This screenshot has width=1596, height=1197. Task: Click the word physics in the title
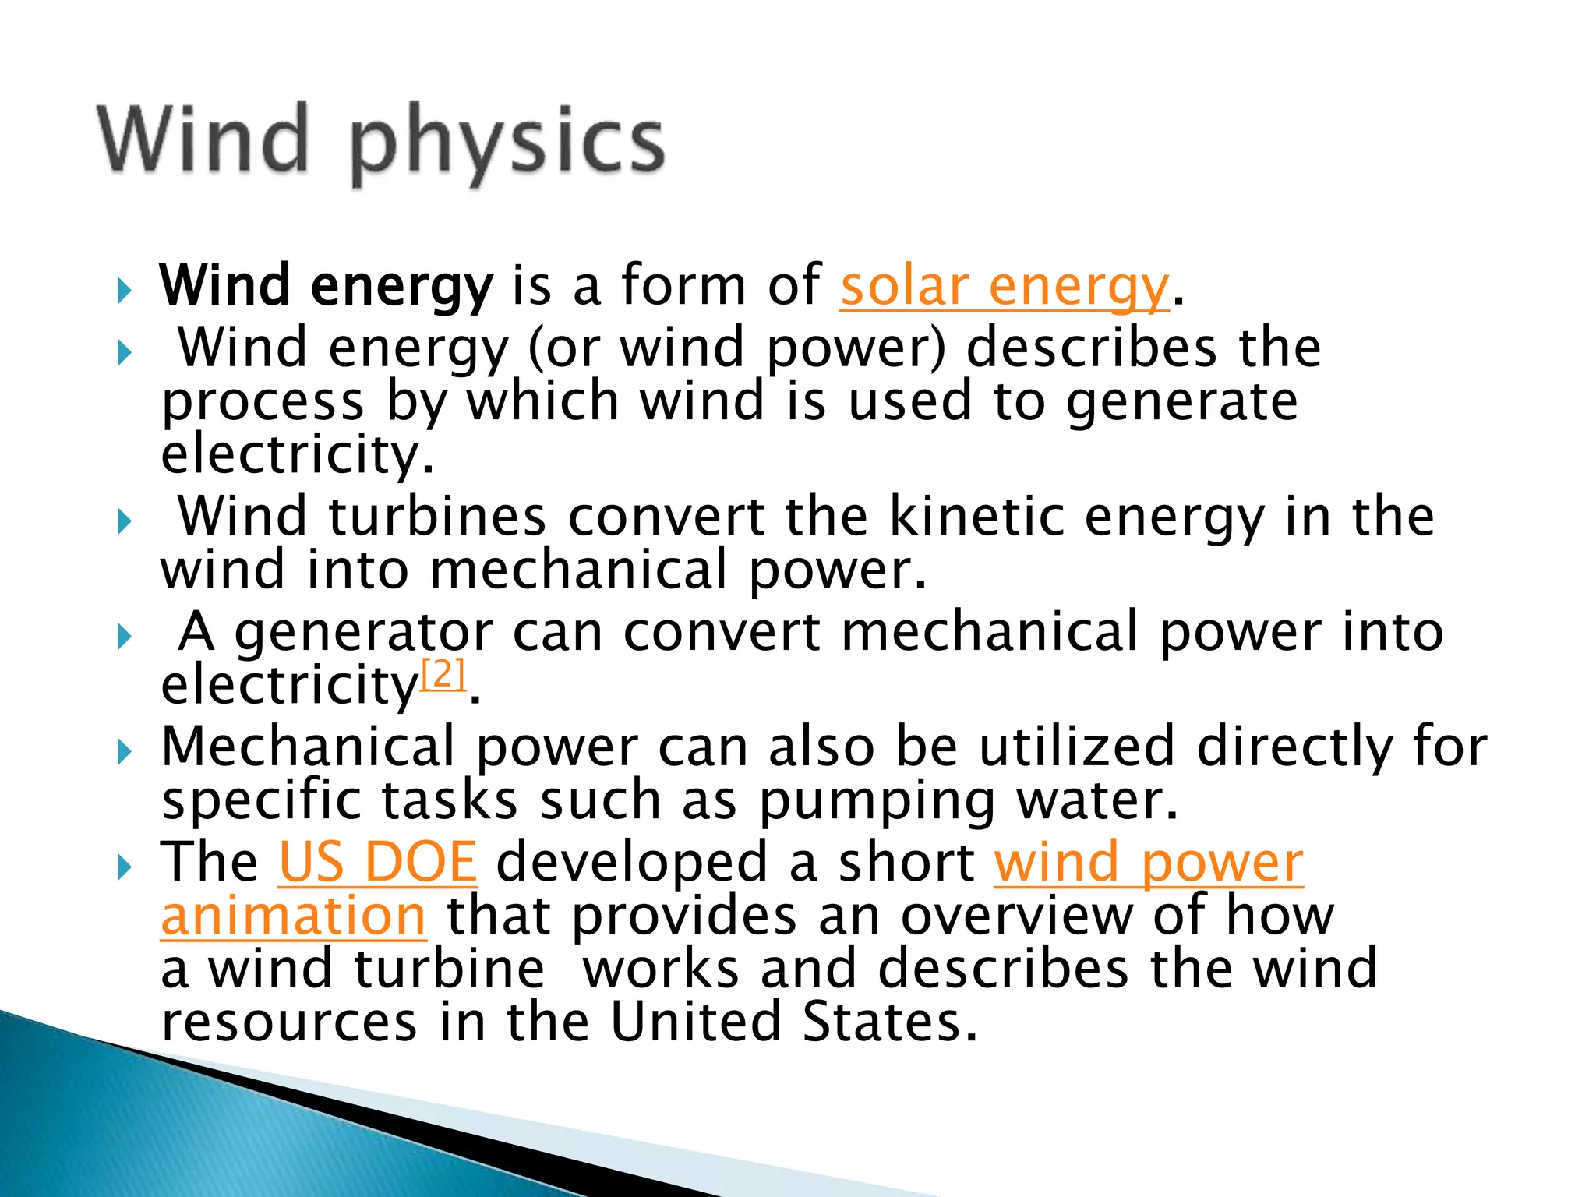pyautogui.click(x=507, y=144)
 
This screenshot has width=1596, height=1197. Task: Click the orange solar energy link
pyautogui.click(x=1004, y=288)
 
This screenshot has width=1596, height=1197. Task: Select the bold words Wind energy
pyautogui.click(x=326, y=288)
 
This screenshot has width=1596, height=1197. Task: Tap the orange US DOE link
pyautogui.click(x=377, y=863)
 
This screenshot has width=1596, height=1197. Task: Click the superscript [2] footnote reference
pyautogui.click(x=443, y=673)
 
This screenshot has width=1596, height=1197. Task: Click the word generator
pyautogui.click(x=363, y=632)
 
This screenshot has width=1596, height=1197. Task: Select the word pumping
pyautogui.click(x=877, y=802)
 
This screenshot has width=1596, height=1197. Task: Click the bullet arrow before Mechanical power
pyautogui.click(x=124, y=753)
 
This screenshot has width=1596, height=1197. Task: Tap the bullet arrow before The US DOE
pyautogui.click(x=124, y=867)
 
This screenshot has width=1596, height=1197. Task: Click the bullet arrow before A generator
pyautogui.click(x=124, y=637)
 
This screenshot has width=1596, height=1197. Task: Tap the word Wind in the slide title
pyautogui.click(x=204, y=140)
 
